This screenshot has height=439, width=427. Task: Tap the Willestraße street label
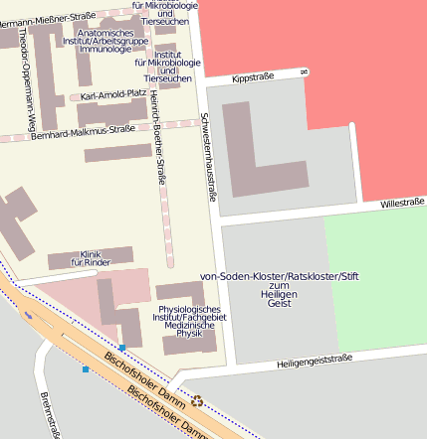(401, 203)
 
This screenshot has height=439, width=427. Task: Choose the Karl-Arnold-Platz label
(113, 95)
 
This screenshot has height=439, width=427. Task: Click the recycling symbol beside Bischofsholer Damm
(197, 401)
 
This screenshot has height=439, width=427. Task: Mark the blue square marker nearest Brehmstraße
(86, 369)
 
